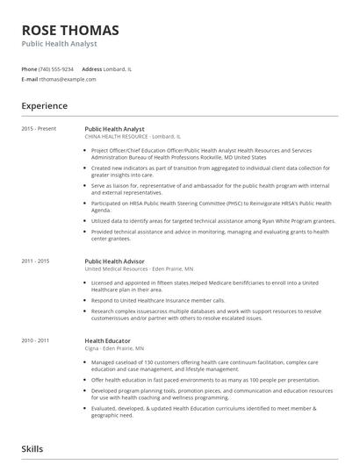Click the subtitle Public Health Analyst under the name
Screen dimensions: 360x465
(x=59, y=44)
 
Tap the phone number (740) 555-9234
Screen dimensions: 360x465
(x=57, y=68)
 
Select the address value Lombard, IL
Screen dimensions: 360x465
(x=119, y=68)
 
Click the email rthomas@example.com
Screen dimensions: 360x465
(x=68, y=79)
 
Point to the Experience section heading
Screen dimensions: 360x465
(x=44, y=106)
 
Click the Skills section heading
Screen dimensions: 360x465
(x=32, y=449)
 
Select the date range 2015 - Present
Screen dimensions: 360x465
(x=39, y=129)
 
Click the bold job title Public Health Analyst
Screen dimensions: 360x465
(x=114, y=129)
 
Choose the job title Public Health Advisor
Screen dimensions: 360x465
(x=115, y=261)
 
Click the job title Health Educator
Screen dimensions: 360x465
(x=107, y=340)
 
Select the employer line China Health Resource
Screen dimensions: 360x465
(x=132, y=137)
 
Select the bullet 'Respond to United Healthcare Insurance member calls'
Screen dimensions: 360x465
(x=157, y=299)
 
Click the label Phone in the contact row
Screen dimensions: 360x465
(x=29, y=68)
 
